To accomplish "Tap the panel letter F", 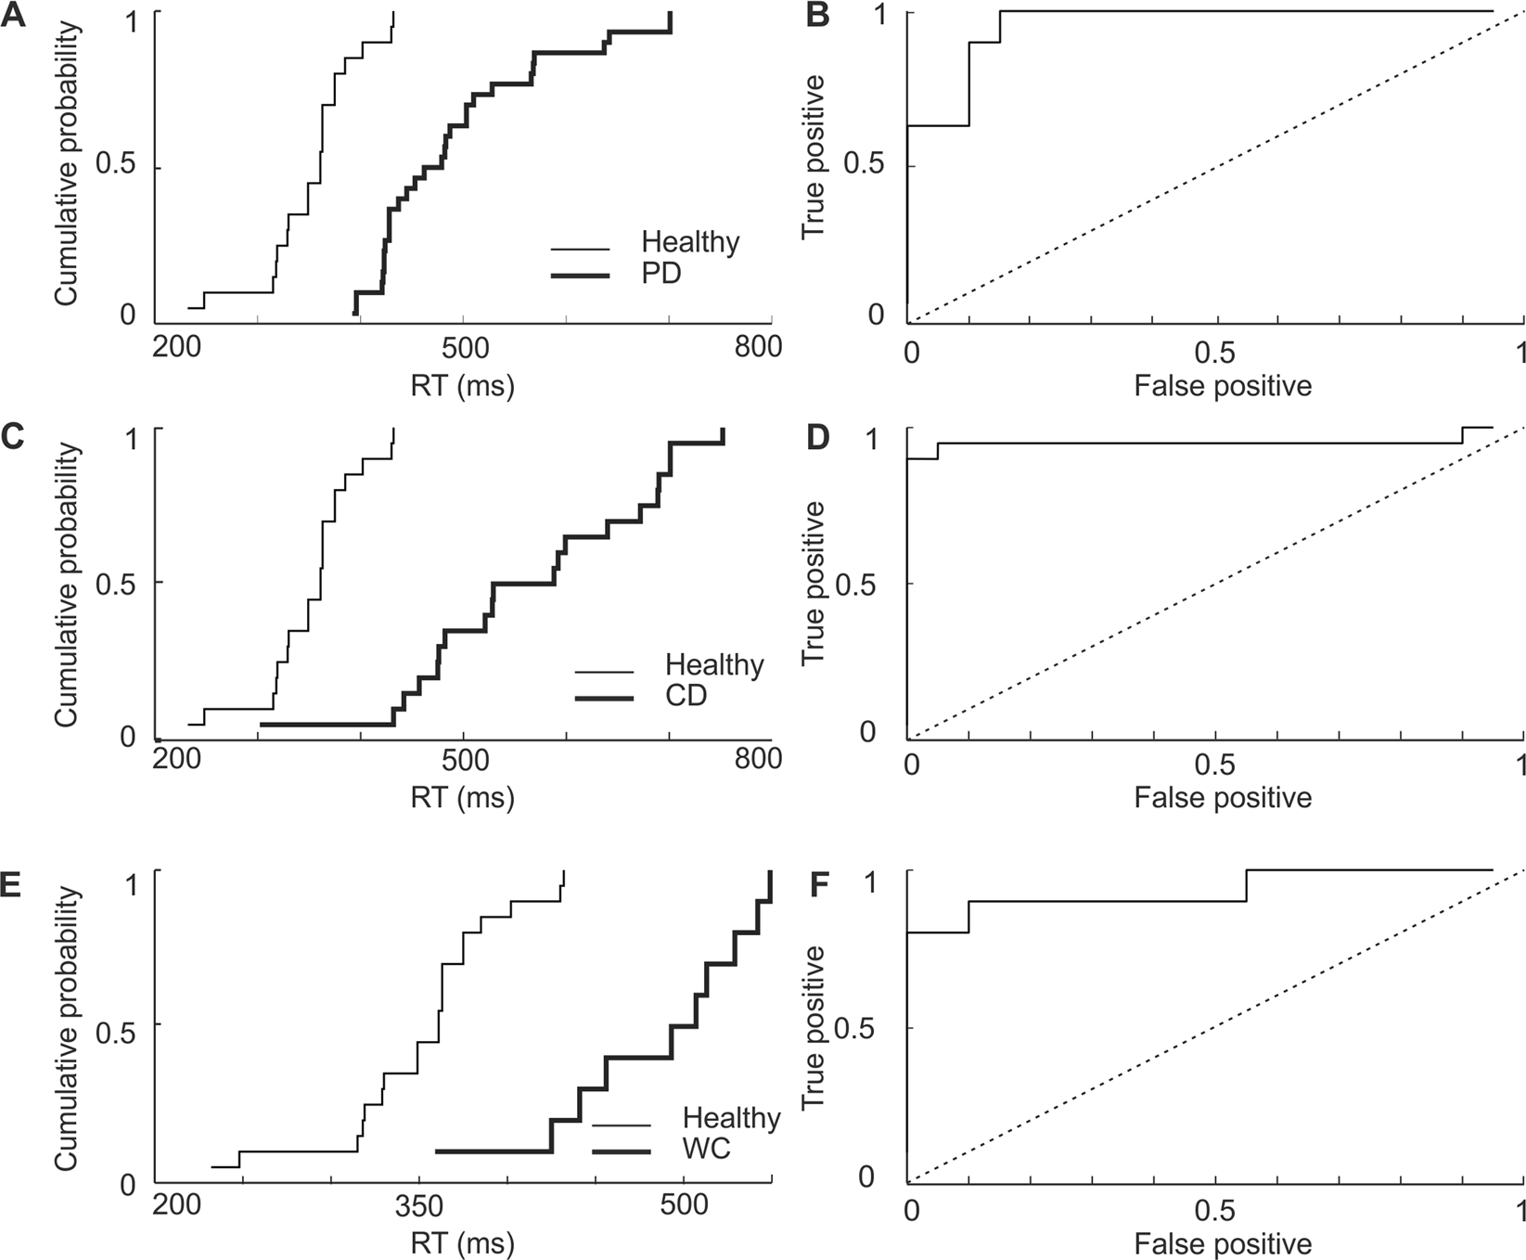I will (817, 883).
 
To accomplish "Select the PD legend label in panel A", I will (660, 274).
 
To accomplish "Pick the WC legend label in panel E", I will (706, 1149).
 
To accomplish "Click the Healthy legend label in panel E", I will (731, 1118).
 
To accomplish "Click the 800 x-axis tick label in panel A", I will (758, 346).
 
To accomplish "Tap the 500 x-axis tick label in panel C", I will (464, 759).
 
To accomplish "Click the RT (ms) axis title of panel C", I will (462, 798).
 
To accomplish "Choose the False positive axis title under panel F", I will (1222, 1244).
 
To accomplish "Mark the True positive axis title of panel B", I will (814, 157).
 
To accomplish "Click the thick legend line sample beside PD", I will (580, 276).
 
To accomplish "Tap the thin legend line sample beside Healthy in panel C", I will (604, 672).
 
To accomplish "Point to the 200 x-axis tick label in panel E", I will (176, 1206).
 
